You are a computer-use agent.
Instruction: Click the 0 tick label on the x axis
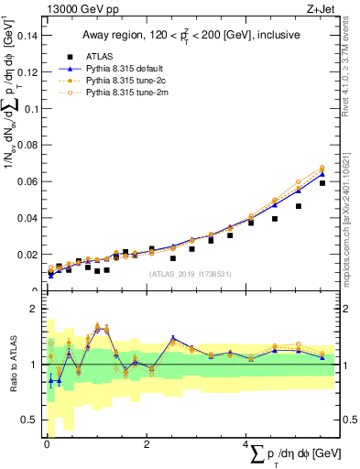46,444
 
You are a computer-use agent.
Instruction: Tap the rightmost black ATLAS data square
322,183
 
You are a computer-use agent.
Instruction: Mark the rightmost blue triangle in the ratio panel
322,357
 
